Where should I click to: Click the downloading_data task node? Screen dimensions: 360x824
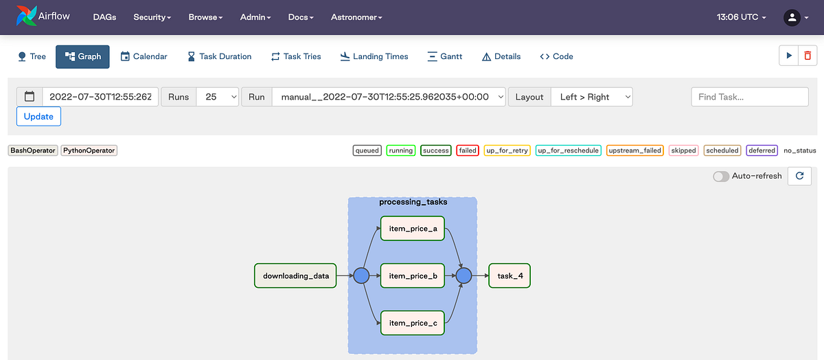click(295, 276)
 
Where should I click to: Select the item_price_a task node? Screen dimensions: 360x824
click(413, 229)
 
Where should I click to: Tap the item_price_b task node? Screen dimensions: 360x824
click(413, 276)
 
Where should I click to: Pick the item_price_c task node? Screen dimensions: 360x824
click(413, 323)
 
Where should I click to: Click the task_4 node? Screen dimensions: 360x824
click(510, 276)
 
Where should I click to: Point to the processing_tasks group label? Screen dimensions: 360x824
click(413, 202)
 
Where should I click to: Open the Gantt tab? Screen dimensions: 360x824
click(444, 56)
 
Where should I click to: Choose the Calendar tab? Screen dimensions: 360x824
click(144, 56)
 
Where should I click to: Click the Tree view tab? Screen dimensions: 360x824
click(32, 56)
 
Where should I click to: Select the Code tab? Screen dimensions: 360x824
click(556, 56)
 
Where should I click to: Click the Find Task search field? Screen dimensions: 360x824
click(749, 97)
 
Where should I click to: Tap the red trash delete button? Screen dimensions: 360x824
click(808, 56)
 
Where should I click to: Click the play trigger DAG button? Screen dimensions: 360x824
click(789, 56)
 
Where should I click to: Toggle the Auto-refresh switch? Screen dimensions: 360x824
click(721, 176)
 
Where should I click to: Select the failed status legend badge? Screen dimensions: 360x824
click(468, 150)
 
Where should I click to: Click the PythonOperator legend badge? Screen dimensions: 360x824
click(89, 150)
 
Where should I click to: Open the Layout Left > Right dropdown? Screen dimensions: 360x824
click(591, 97)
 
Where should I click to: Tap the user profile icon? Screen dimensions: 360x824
click(792, 17)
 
